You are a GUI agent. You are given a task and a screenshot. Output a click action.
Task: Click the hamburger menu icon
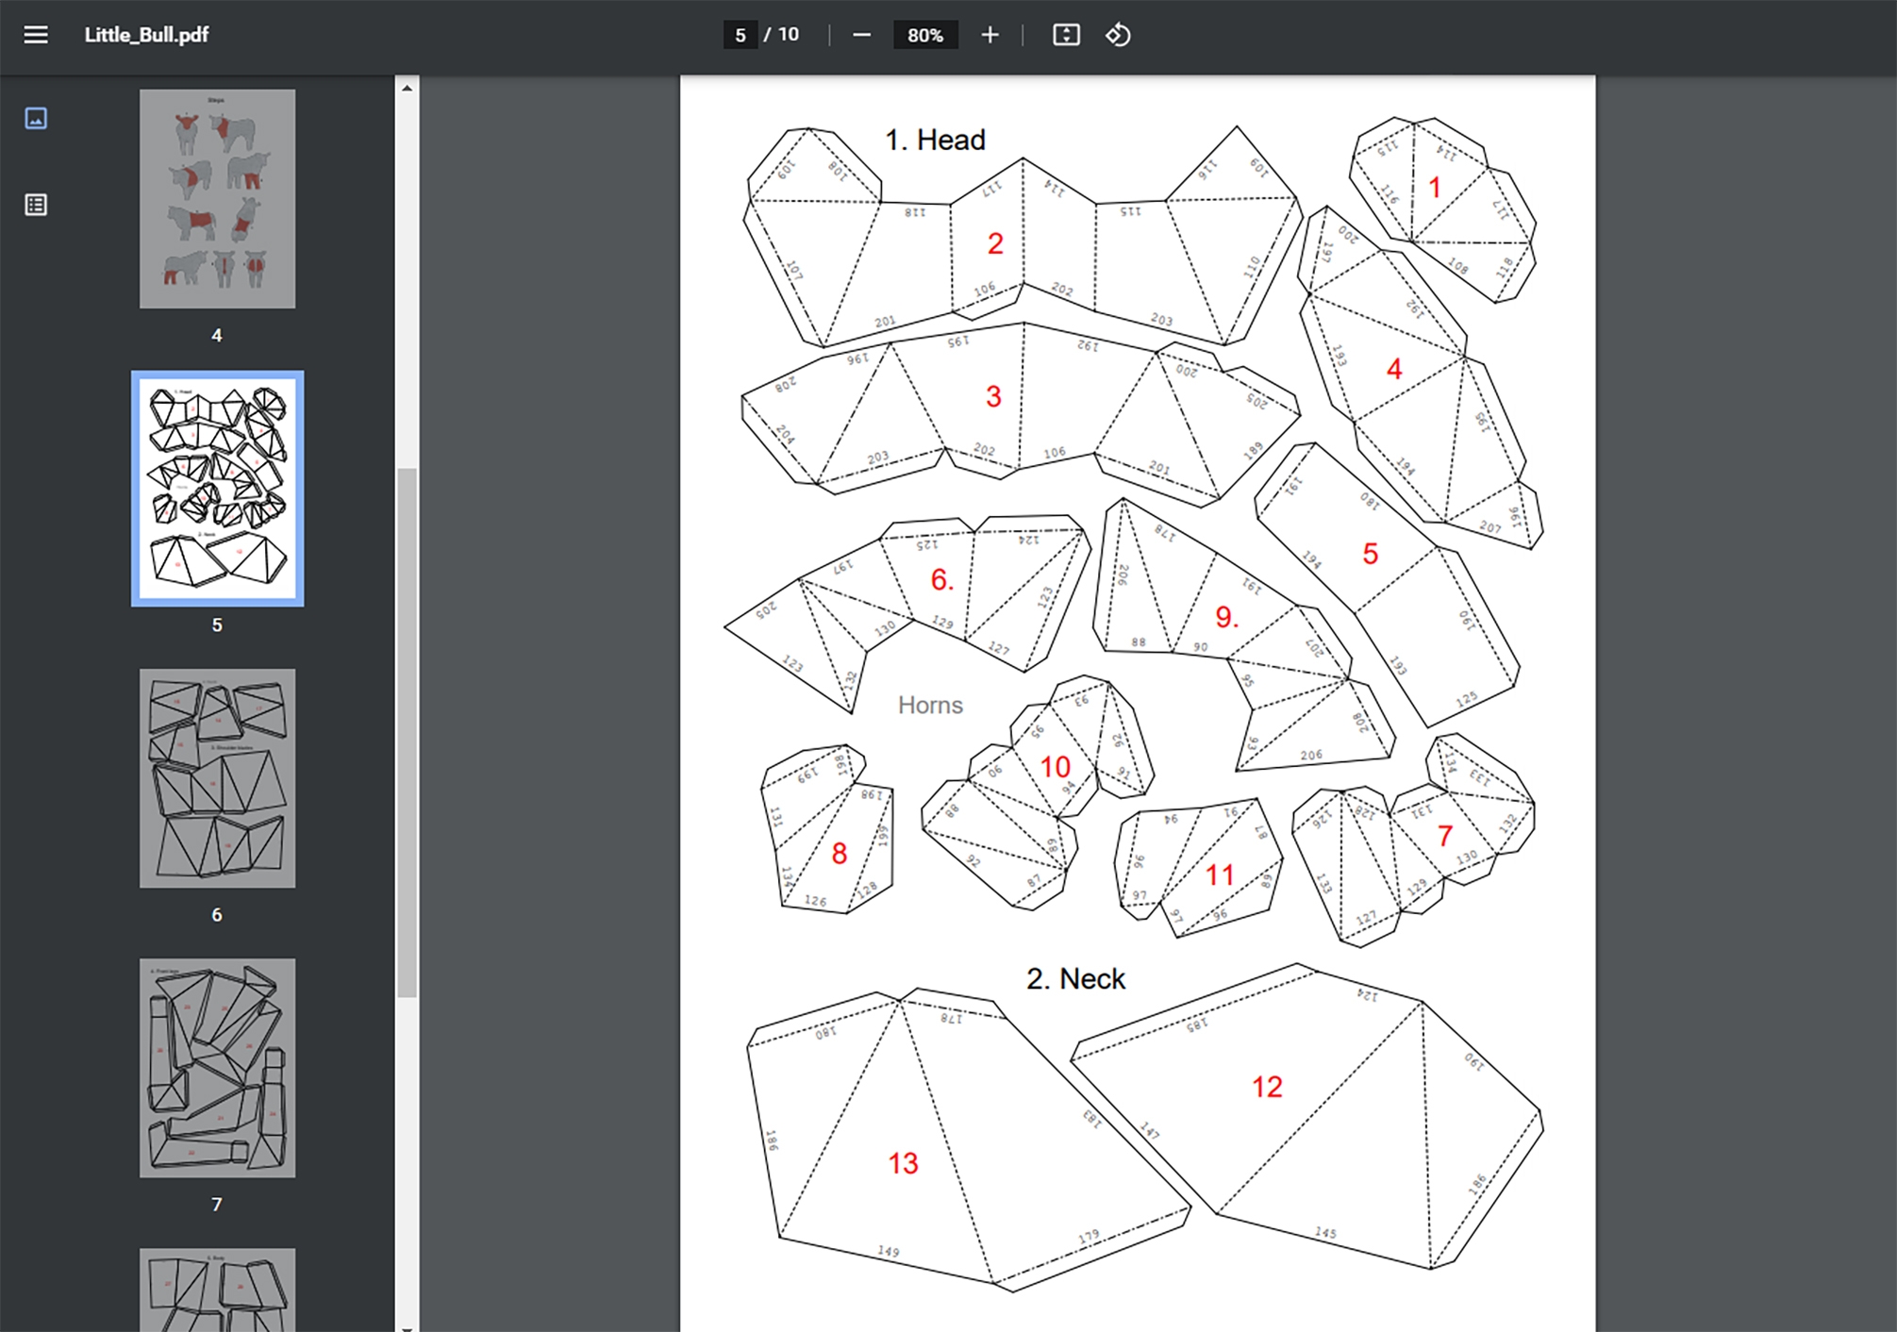pos(36,35)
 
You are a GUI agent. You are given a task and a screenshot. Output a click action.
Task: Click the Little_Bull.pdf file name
pos(146,35)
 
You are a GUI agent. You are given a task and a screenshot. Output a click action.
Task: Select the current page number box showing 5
pos(740,35)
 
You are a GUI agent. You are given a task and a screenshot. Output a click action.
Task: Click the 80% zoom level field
pos(924,35)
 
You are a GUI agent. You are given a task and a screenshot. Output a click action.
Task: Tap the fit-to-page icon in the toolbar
pos(1066,35)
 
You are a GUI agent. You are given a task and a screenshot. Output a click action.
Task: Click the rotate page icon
pos(1118,35)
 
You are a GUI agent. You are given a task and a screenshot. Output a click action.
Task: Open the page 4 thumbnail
pos(217,199)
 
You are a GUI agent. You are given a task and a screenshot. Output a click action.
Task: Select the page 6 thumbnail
pos(217,778)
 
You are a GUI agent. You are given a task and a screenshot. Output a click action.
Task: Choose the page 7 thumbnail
pos(217,1068)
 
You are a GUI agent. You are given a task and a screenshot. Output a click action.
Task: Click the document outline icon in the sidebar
pos(36,205)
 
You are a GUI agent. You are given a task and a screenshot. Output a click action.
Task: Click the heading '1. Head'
pos(935,140)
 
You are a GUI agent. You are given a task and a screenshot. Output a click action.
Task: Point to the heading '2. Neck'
pos(1075,978)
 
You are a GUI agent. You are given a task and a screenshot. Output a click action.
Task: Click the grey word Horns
pos(930,705)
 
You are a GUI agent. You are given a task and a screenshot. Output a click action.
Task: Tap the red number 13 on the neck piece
pos(903,1163)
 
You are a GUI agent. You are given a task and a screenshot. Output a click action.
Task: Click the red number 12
pos(1267,1087)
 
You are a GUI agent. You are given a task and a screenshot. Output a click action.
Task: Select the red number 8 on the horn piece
pos(839,854)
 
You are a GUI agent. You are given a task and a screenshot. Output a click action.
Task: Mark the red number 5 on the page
pos(1370,554)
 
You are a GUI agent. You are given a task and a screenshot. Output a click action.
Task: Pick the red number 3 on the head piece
pos(993,396)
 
